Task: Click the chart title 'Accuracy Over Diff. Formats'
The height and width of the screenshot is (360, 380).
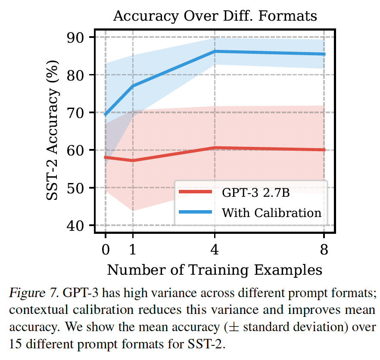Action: [215, 16]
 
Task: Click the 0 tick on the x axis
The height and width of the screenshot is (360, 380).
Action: [106, 248]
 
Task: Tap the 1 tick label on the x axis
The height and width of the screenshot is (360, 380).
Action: [133, 248]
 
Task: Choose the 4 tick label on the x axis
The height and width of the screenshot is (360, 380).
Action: [215, 248]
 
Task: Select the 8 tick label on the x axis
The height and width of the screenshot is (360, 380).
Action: [324, 248]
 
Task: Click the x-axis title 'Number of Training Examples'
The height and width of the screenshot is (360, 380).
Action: [215, 270]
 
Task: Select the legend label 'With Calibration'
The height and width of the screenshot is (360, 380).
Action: [271, 213]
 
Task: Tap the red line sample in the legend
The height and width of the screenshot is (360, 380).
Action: [195, 192]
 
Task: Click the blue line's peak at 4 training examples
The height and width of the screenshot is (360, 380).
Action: [215, 51]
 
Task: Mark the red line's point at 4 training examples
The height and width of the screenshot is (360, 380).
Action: [215, 148]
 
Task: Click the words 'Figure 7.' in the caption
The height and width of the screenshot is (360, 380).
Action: [34, 294]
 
